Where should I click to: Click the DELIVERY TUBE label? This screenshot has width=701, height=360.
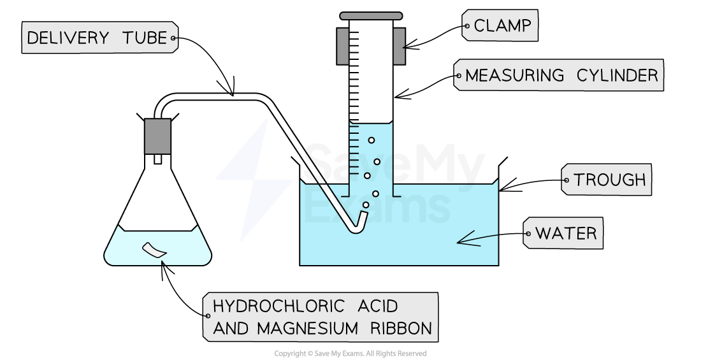(99, 38)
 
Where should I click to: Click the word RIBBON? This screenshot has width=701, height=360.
(400, 329)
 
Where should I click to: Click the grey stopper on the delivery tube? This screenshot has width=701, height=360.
(157, 136)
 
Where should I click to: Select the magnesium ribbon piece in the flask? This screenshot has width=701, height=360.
(154, 250)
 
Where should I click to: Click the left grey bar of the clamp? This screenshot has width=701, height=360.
(343, 46)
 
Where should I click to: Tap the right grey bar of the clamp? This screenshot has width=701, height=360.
(399, 46)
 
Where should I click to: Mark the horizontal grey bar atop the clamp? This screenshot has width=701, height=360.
(371, 16)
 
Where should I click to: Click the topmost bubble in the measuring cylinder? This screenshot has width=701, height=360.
(372, 140)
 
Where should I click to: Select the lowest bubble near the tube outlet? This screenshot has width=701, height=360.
(366, 205)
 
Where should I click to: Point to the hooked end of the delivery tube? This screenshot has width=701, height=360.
(361, 223)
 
